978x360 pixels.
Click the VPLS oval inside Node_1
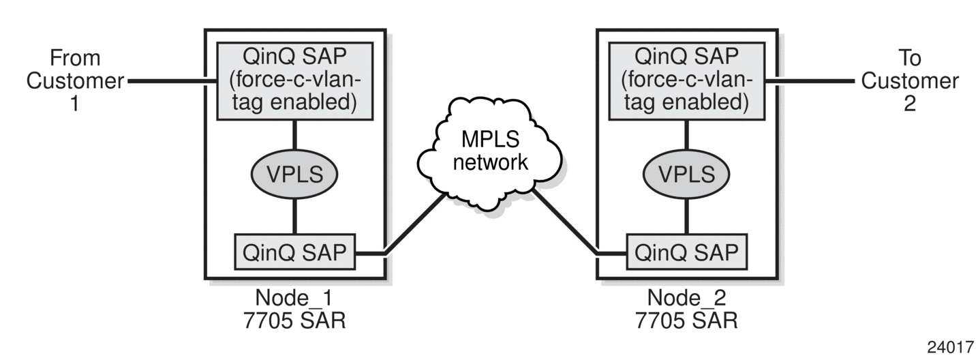click(x=294, y=175)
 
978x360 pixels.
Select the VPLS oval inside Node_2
click(x=686, y=175)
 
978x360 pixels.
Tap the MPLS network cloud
click(x=490, y=152)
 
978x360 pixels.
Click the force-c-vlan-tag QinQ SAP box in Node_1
click(x=295, y=81)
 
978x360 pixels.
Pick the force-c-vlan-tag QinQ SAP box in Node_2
click(x=687, y=81)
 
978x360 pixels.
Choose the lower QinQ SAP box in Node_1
click(x=294, y=252)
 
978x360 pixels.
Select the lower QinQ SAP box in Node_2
click(x=687, y=252)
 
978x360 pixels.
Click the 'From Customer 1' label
click(x=75, y=81)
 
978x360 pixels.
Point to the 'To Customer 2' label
click(x=910, y=81)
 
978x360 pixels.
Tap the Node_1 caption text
click(x=294, y=298)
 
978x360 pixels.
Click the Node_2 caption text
click(x=686, y=298)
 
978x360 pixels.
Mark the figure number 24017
click(x=951, y=347)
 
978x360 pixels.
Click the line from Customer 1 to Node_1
click(x=172, y=81)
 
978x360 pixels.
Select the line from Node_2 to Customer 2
click(x=810, y=81)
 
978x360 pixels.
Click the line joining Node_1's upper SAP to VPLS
click(x=294, y=135)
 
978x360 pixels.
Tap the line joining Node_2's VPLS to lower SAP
click(x=687, y=217)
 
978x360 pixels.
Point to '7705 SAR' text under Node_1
click(x=294, y=320)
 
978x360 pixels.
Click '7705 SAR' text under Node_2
click(x=686, y=320)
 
